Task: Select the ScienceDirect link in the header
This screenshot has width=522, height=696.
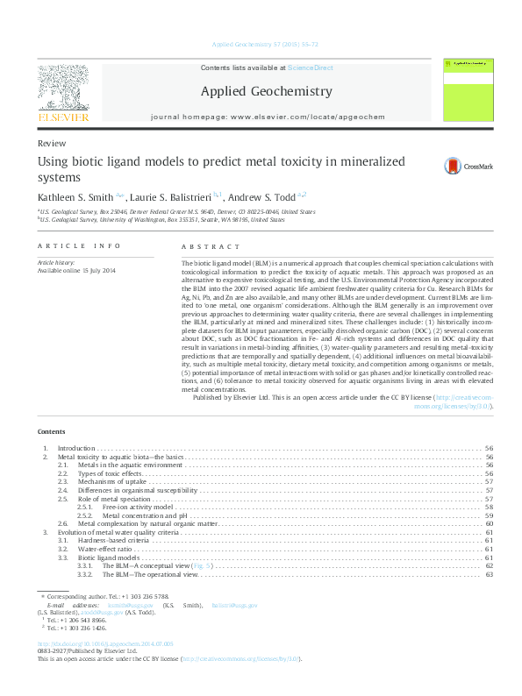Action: tap(310, 67)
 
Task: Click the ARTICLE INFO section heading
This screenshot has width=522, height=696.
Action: tap(78, 248)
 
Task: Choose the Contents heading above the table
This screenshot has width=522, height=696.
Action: tap(52, 432)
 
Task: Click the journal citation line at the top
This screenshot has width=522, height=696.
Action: tap(261, 45)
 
